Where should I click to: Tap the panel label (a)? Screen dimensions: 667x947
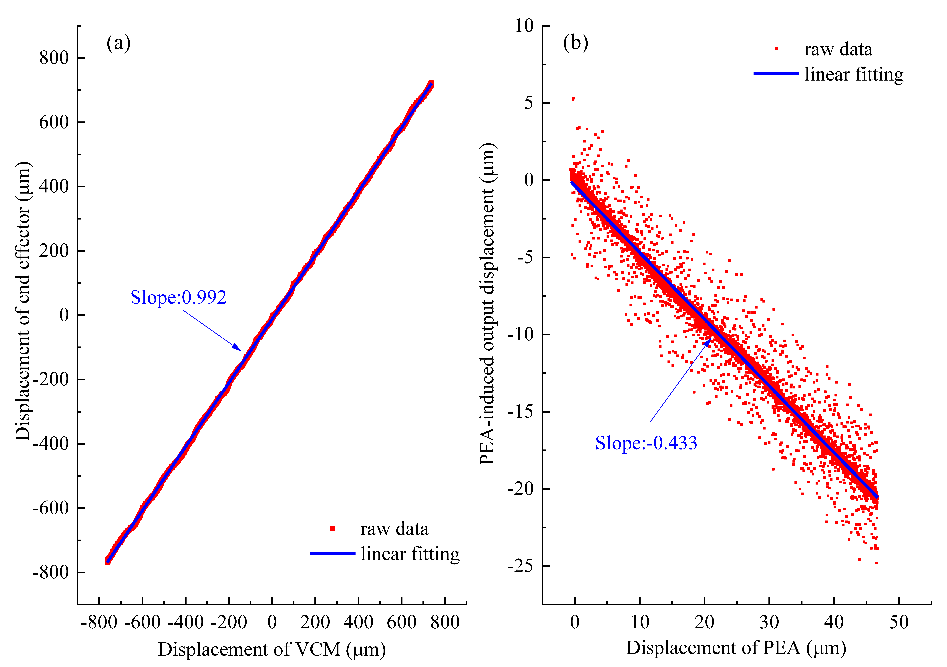click(x=118, y=43)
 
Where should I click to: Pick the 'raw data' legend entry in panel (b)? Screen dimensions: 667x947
click(x=838, y=49)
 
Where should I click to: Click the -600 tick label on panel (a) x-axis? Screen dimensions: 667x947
click(x=142, y=622)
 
